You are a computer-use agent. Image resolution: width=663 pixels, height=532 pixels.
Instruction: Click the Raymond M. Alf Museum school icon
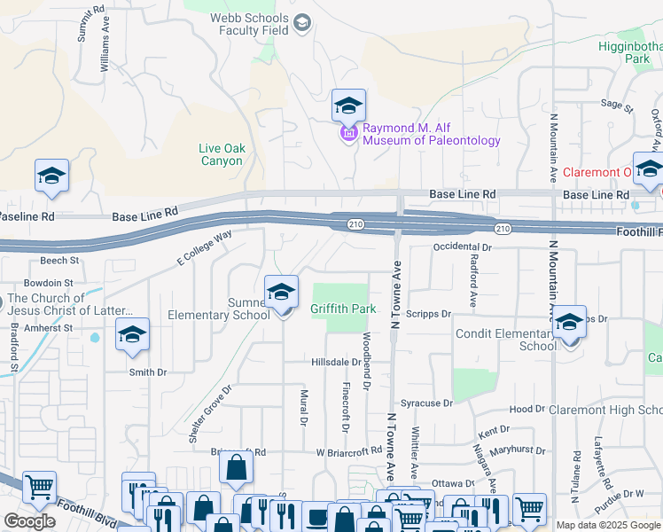click(x=348, y=106)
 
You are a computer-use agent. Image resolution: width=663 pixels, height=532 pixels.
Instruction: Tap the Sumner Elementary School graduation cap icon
click(x=281, y=292)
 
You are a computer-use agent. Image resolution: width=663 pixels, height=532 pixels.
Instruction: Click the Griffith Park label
click(x=343, y=309)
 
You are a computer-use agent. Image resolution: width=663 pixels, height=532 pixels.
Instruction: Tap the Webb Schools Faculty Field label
click(x=249, y=24)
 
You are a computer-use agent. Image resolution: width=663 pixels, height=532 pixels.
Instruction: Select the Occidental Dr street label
click(x=462, y=247)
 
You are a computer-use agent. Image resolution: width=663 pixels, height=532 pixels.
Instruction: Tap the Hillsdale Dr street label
click(x=336, y=362)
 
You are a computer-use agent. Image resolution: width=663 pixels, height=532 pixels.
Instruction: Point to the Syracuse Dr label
click(x=426, y=403)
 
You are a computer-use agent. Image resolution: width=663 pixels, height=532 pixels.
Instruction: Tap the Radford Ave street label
click(x=474, y=283)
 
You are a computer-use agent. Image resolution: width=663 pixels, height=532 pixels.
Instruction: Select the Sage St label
click(x=616, y=105)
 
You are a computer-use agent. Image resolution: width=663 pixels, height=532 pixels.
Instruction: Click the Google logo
click(x=29, y=521)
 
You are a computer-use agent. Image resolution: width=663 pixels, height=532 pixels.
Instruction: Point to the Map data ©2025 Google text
click(x=607, y=525)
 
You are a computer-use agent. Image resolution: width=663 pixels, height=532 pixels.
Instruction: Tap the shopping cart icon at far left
click(x=39, y=487)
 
